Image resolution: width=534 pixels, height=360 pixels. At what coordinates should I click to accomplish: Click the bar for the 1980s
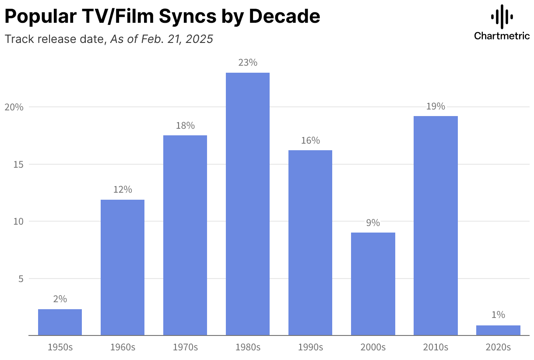pyautogui.click(x=248, y=204)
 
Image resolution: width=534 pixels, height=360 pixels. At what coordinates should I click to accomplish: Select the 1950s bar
pyautogui.click(x=60, y=322)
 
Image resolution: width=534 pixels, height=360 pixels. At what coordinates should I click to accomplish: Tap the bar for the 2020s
pyautogui.click(x=498, y=330)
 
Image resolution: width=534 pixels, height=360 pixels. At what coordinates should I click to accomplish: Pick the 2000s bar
pyautogui.click(x=373, y=284)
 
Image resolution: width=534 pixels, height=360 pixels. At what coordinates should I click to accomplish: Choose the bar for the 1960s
pyautogui.click(x=123, y=267)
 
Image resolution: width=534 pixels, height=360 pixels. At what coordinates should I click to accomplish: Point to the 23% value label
pyautogui.click(x=248, y=63)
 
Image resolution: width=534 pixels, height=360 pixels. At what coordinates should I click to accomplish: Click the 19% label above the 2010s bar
pyautogui.click(x=436, y=106)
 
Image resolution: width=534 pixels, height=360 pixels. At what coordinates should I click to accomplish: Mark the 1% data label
pyautogui.click(x=498, y=315)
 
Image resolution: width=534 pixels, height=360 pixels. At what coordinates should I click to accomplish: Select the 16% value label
pyautogui.click(x=310, y=141)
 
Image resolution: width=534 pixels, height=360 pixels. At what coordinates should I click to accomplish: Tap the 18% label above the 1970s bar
pyautogui.click(x=185, y=126)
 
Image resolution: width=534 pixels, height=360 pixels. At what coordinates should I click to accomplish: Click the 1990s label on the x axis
pyautogui.click(x=310, y=347)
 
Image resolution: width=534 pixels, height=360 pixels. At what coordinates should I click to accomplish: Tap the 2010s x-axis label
pyautogui.click(x=436, y=347)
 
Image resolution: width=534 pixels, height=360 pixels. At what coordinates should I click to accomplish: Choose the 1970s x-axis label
pyautogui.click(x=185, y=347)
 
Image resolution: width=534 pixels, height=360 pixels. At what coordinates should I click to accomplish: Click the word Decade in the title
pyautogui.click(x=284, y=17)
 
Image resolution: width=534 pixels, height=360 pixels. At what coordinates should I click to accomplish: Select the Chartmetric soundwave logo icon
pyautogui.click(x=502, y=17)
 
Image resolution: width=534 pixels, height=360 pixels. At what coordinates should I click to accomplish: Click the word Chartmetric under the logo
pyautogui.click(x=502, y=36)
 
